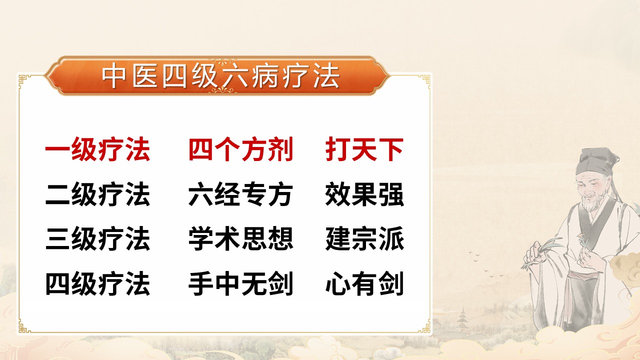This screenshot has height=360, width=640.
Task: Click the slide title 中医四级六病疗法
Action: pos(220,76)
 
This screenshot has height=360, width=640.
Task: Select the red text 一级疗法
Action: pos(97,150)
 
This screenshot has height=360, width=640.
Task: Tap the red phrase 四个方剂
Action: pos(240,150)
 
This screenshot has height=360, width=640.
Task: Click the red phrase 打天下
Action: pos(364,150)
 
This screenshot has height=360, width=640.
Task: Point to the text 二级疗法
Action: pos(97,195)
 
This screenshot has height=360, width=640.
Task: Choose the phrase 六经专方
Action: pos(240,195)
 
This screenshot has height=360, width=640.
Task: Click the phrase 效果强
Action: pos(364,195)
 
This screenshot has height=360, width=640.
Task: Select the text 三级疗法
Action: pos(97,239)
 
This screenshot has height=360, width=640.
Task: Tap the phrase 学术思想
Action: pos(240,239)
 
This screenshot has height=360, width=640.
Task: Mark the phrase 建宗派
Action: pos(364,239)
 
